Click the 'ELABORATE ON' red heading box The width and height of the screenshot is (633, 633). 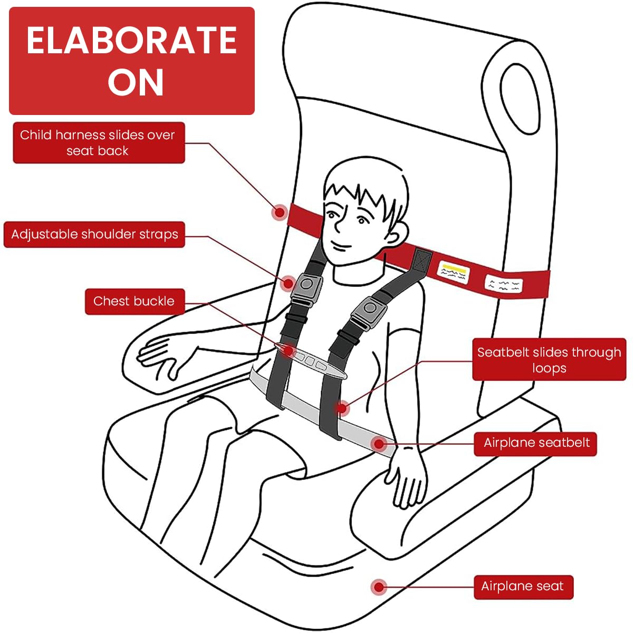132,61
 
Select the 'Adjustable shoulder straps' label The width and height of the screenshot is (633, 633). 94,234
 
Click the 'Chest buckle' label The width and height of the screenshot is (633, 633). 134,301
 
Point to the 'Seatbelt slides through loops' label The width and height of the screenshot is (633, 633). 549,360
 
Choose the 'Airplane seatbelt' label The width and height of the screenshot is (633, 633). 536,443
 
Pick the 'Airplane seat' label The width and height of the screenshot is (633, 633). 522,586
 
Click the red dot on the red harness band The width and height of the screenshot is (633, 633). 280,213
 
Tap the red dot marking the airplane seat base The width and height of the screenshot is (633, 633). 378,587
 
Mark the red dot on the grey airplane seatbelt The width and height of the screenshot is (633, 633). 379,444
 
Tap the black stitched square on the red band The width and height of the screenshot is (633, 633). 422,260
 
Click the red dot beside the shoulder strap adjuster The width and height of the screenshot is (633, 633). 288,283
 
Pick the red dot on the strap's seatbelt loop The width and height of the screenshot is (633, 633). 342,408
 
